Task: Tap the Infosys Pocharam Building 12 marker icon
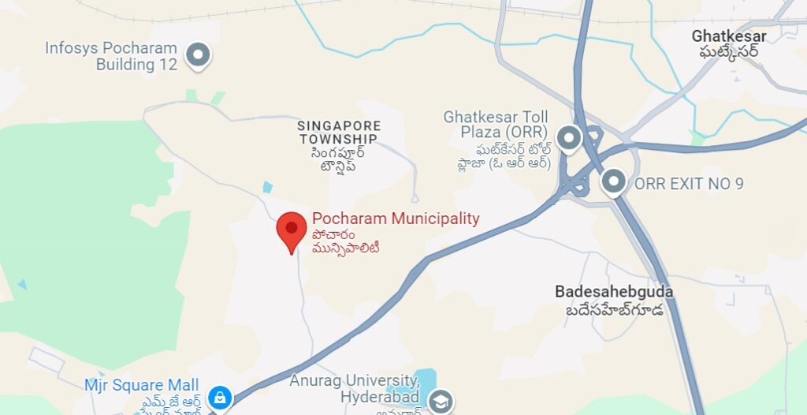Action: (198, 55)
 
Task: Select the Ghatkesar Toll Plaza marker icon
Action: (568, 139)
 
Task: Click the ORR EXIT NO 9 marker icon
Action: (613, 182)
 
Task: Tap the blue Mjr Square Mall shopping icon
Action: (220, 398)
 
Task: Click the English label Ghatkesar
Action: (729, 36)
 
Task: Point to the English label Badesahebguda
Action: (614, 292)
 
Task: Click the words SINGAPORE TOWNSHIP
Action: (339, 133)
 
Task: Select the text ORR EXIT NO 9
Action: (689, 184)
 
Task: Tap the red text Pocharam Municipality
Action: (396, 219)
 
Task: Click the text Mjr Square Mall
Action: (142, 385)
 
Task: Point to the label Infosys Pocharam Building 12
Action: (111, 57)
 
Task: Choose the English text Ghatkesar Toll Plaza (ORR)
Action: (496, 124)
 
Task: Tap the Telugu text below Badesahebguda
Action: (614, 310)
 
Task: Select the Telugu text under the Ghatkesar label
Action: (729, 52)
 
